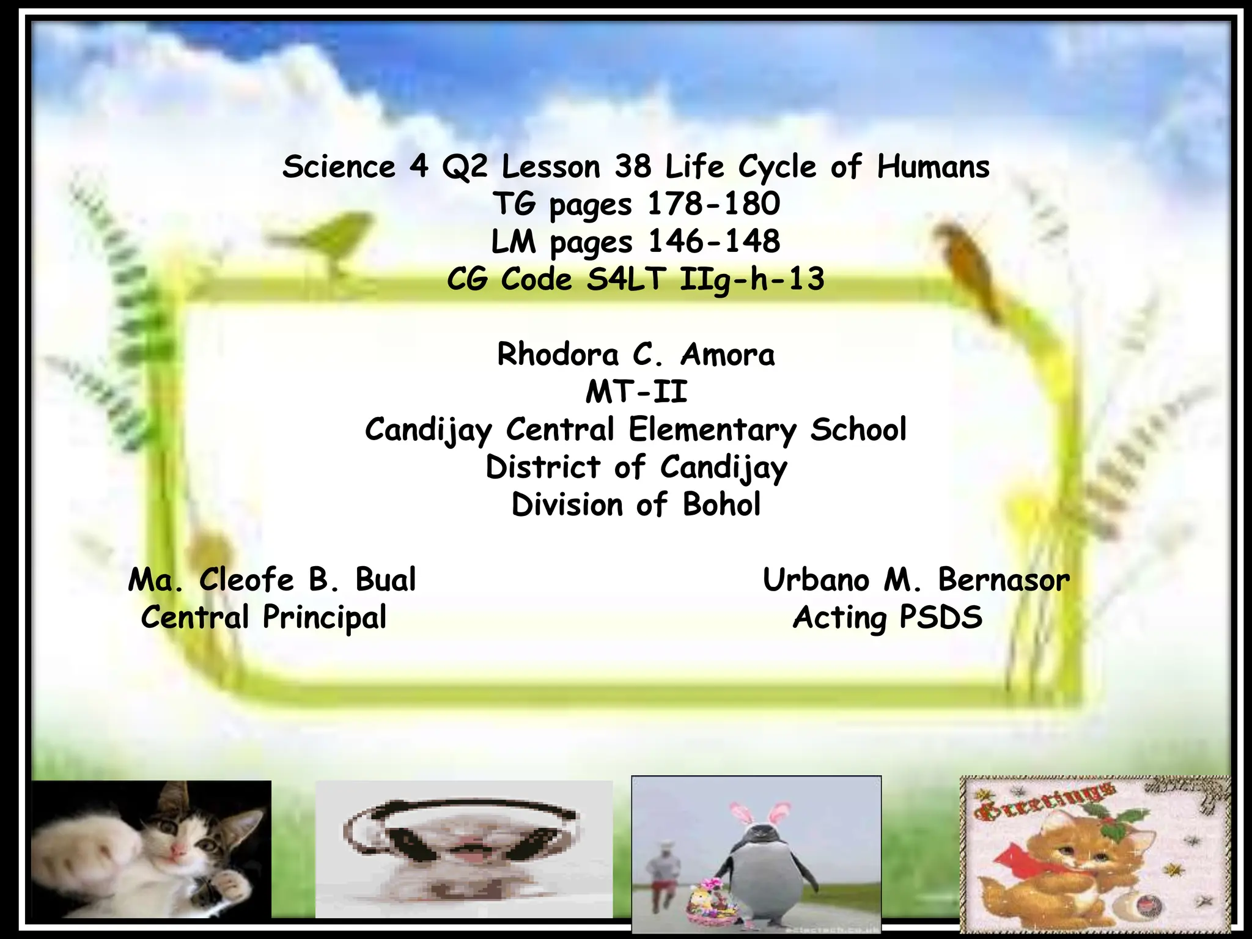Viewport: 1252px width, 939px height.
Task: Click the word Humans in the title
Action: click(x=933, y=167)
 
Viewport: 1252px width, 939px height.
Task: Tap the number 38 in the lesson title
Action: click(x=633, y=167)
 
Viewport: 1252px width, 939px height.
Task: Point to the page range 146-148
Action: click(x=713, y=241)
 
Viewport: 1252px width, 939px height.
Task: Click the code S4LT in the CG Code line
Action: click(x=625, y=279)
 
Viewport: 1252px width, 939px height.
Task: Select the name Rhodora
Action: click(x=558, y=355)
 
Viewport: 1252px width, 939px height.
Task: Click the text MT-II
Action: click(x=636, y=392)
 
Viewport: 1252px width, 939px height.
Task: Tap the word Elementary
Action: click(x=713, y=429)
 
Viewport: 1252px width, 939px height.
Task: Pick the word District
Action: click(x=543, y=467)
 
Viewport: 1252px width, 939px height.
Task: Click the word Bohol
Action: click(x=721, y=505)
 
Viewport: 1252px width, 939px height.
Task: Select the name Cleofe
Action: click(x=246, y=580)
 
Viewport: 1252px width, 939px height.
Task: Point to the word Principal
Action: click(x=325, y=617)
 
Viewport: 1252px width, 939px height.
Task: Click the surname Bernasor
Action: click(x=1004, y=580)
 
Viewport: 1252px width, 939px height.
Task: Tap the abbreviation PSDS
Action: click(x=941, y=617)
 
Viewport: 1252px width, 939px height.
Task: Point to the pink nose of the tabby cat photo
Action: click(x=179, y=852)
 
